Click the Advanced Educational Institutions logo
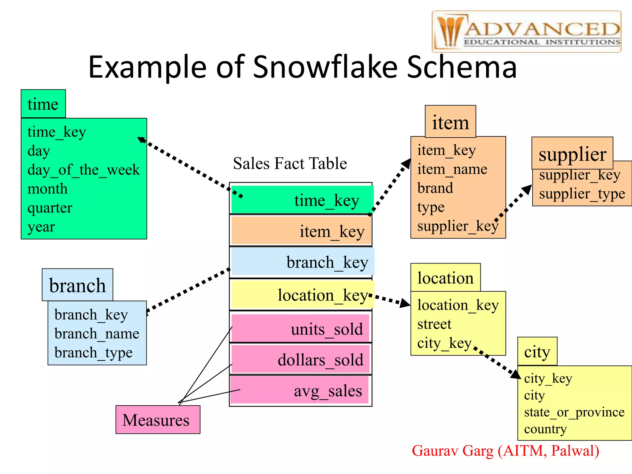point(526,31)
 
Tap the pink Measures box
point(158,420)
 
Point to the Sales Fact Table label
point(290,163)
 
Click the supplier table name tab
point(572,154)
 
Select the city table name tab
point(537,352)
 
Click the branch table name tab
point(77,285)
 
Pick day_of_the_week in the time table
point(83,170)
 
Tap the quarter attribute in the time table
point(50,208)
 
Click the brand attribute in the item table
point(435,188)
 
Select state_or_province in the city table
point(574,412)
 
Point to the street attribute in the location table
point(434,324)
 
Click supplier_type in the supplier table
point(582,194)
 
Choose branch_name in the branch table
point(97,334)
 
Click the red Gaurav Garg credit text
point(505,451)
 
